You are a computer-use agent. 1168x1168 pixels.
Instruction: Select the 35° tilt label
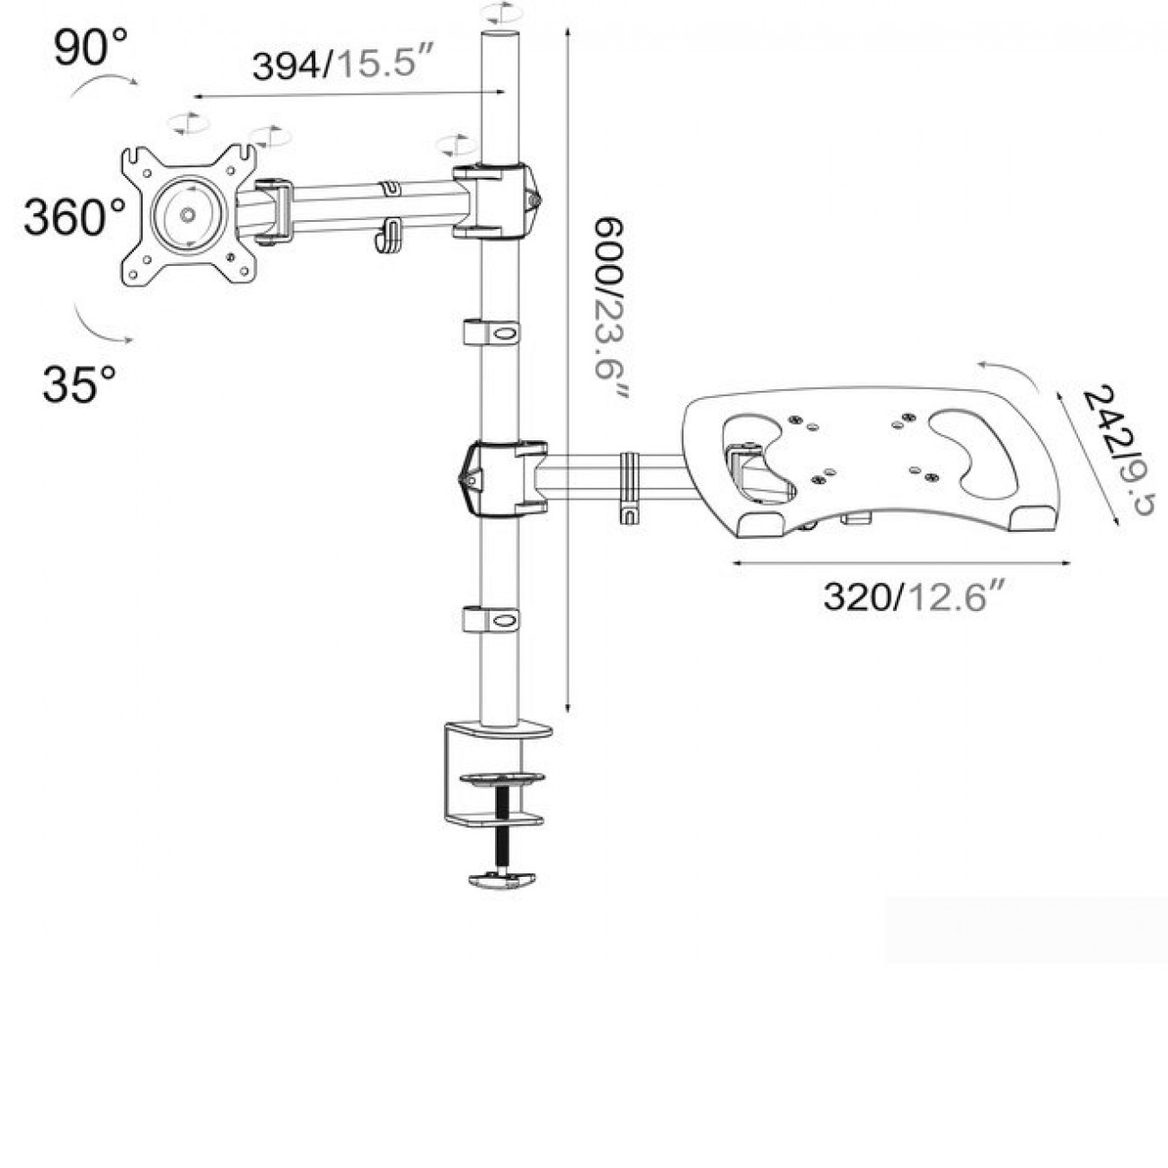[x=79, y=384]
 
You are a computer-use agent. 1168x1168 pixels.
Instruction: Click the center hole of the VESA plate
[x=187, y=215]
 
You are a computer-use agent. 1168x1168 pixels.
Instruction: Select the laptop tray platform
[x=871, y=463]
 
